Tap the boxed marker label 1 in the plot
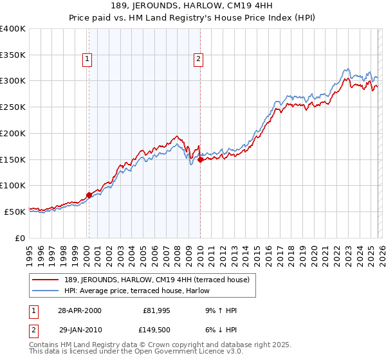click(87, 60)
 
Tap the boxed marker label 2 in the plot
click(198, 60)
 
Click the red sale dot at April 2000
click(89, 195)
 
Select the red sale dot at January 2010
click(200, 160)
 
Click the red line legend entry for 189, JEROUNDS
click(161, 279)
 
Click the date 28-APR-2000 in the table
click(79, 310)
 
